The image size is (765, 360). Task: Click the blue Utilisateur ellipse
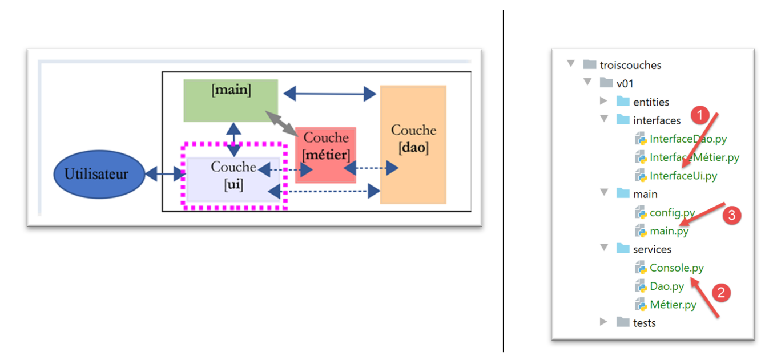(96, 175)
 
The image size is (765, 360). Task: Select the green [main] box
(231, 100)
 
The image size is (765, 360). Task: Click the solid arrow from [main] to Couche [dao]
(329, 94)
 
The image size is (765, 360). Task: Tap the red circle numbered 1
(700, 115)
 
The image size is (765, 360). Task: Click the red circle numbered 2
(721, 293)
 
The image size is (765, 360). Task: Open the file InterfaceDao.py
(688, 139)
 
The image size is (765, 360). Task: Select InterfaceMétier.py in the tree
(694, 157)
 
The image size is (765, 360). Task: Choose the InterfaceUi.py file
(683, 176)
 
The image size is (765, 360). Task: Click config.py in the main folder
(672, 213)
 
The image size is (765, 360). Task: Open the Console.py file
(677, 268)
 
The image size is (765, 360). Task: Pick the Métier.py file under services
(673, 305)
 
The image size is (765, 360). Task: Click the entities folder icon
(623, 102)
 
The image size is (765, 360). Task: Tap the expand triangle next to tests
(604, 322)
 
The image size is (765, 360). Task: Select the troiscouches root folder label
(630, 65)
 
